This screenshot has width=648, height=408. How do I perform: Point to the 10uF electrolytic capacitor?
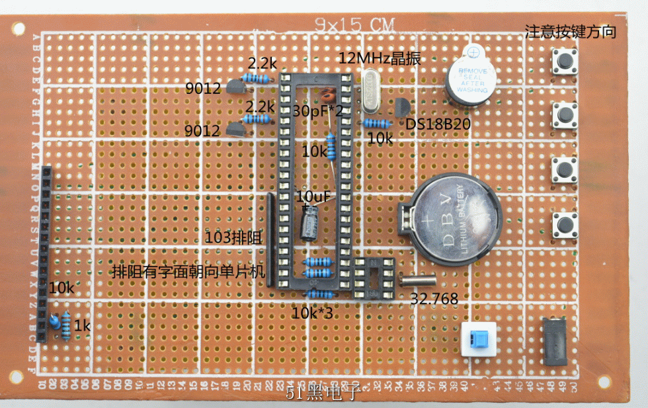309,222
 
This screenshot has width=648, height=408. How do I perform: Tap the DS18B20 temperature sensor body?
401,108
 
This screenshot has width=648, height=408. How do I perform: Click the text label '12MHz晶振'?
379,58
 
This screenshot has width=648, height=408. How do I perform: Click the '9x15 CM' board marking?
354,25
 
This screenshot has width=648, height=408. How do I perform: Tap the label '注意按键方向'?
570,31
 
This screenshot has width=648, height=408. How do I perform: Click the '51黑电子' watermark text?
322,394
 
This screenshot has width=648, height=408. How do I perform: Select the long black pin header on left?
45,254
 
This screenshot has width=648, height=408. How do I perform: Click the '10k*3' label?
312,312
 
